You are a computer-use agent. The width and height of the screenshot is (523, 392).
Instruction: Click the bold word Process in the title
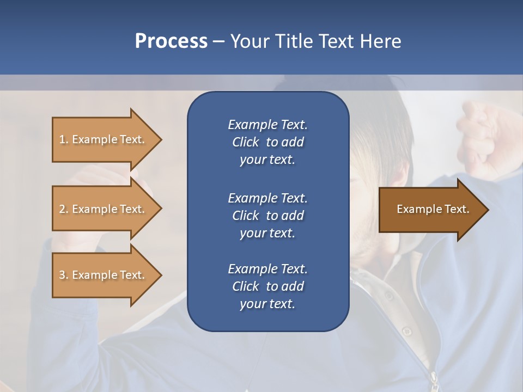tap(171, 41)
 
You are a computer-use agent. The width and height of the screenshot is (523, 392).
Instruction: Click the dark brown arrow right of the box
tap(430, 210)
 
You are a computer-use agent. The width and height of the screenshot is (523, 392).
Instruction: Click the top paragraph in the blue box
tap(267, 142)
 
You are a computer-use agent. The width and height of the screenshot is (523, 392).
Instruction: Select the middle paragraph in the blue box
tap(267, 215)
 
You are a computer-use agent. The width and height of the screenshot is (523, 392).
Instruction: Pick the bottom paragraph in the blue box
tap(267, 286)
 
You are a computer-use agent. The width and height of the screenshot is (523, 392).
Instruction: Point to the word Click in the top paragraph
tap(246, 142)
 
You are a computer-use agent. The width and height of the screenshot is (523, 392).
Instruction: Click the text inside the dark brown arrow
tap(433, 209)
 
